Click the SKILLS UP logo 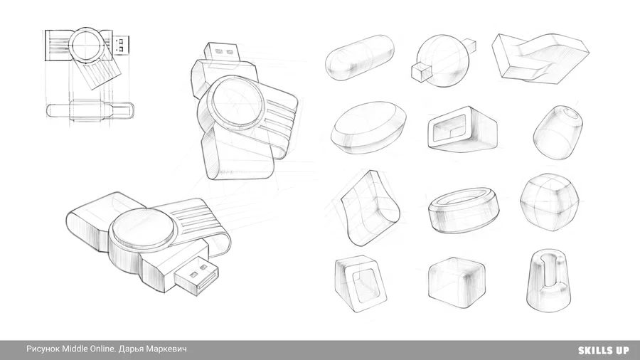603,350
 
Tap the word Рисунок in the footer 43,349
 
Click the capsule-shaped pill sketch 360,57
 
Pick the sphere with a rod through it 443,60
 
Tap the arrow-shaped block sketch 540,57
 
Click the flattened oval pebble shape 369,127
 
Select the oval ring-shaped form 464,210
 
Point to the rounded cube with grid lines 550,202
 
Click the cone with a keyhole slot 548,282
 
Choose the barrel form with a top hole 558,132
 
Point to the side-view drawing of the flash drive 90,110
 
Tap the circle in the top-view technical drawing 87,43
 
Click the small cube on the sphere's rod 421,73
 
